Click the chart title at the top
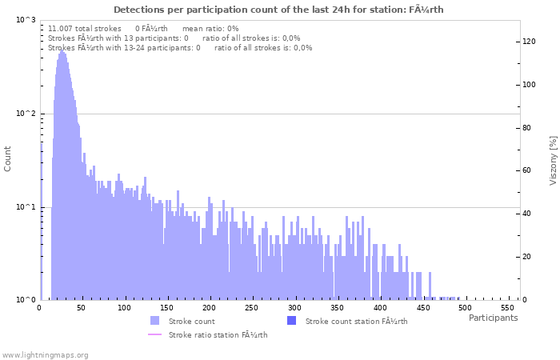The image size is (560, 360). [278, 10]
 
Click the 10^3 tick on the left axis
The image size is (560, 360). [26, 20]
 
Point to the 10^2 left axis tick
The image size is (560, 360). [26, 114]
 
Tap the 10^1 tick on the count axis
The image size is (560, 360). [26, 207]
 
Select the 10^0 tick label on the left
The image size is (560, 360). [26, 300]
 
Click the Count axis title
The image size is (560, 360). [8, 160]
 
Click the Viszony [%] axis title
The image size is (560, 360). [553, 160]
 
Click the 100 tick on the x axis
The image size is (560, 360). [124, 308]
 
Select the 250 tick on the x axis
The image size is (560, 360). [252, 308]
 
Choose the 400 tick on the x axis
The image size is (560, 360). [380, 308]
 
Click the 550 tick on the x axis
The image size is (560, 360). [508, 308]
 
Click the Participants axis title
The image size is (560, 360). [493, 318]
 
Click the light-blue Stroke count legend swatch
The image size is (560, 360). [154, 321]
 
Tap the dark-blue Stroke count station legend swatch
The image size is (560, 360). [291, 321]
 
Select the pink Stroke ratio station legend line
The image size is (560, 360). [154, 334]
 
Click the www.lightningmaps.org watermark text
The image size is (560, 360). [46, 354]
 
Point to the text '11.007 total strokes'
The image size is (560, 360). [85, 28]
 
